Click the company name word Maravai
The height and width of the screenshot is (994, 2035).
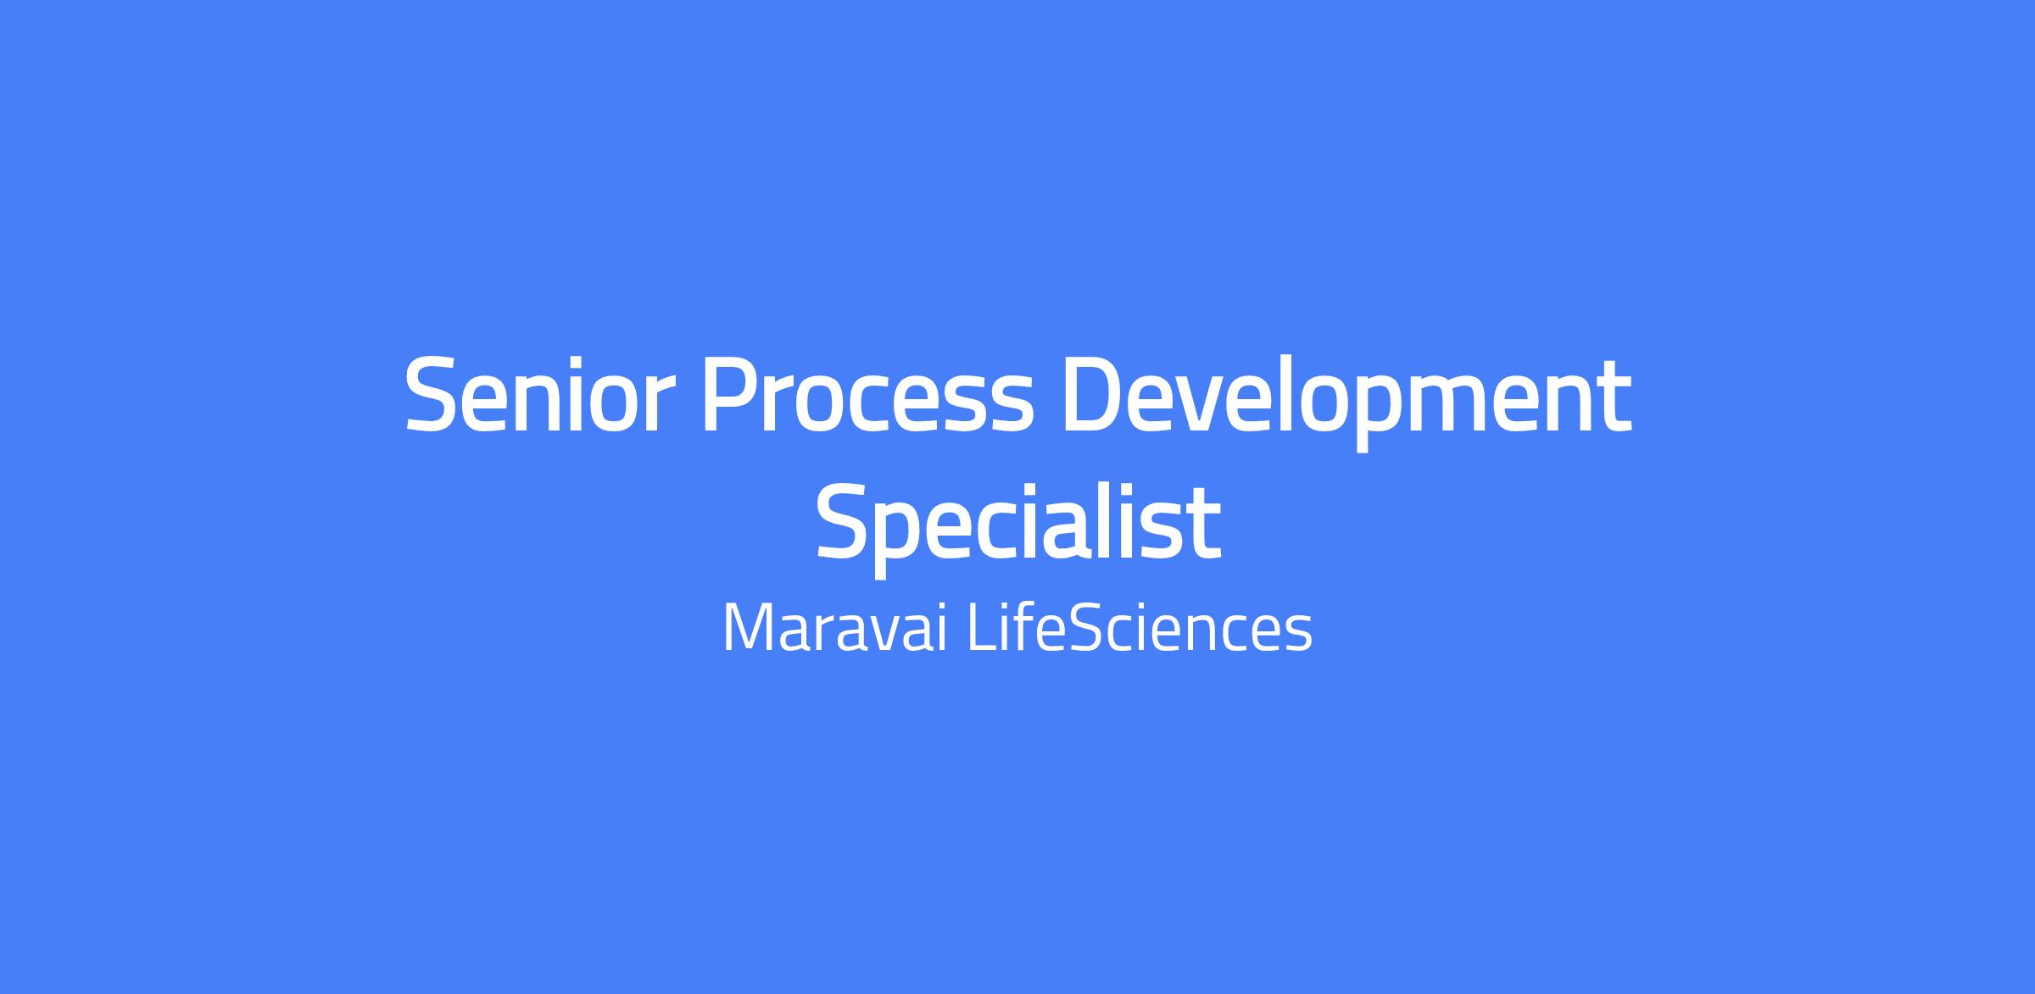click(x=834, y=628)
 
